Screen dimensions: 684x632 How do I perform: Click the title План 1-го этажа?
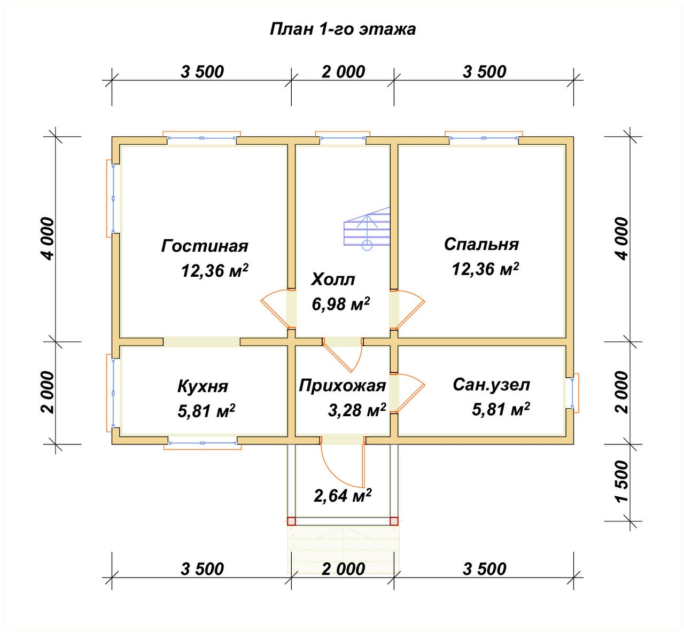343,29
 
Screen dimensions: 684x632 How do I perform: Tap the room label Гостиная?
205,246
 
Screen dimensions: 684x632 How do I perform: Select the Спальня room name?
481,244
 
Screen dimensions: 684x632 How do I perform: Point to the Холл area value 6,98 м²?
340,304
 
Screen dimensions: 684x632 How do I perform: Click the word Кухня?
203,386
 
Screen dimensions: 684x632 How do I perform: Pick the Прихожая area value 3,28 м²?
356,410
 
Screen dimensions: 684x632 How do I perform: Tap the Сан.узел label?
491,385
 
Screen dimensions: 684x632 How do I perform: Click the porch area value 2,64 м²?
343,495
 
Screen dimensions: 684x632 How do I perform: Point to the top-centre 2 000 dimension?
343,72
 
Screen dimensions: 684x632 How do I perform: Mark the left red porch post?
291,521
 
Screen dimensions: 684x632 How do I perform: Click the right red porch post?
394,521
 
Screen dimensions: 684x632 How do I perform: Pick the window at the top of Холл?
343,136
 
